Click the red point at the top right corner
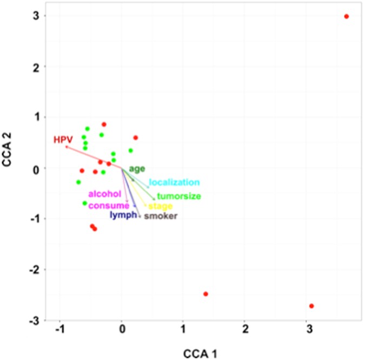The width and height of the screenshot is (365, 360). [x=346, y=16]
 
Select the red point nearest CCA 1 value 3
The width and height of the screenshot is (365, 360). [x=311, y=306]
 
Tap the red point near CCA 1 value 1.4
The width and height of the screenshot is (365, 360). [x=205, y=294]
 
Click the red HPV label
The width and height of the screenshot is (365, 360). [x=62, y=140]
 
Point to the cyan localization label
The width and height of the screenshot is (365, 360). [x=174, y=182]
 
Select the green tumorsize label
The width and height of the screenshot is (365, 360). [x=179, y=196]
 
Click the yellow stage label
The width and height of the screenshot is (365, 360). [x=161, y=206]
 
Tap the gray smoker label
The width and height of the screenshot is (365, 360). [x=161, y=216]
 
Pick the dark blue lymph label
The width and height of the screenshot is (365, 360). [x=123, y=215]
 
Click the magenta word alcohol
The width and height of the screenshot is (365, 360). [x=105, y=194]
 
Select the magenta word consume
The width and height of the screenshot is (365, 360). [x=109, y=205]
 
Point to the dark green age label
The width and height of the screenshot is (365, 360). [x=137, y=168]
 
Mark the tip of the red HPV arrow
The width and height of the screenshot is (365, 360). [x=66, y=147]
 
